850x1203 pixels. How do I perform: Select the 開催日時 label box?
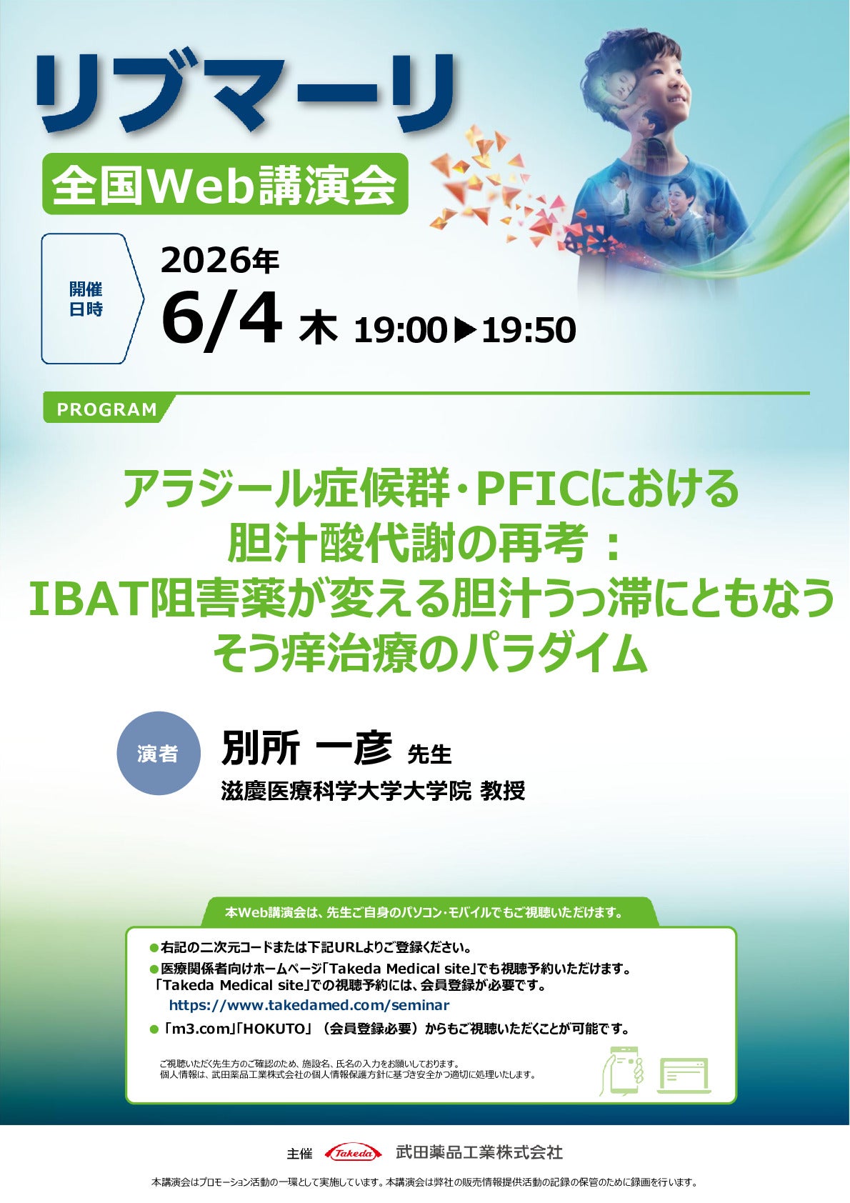[86, 299]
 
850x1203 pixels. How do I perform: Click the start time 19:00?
[400, 330]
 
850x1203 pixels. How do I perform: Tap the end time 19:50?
[529, 330]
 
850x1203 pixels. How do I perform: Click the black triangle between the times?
[464, 330]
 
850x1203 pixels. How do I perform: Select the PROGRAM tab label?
[107, 409]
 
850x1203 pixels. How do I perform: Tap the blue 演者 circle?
[158, 753]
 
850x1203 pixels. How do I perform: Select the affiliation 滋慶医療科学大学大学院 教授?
[373, 791]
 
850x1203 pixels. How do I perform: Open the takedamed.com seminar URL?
[309, 1005]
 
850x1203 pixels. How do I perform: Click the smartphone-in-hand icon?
[623, 1069]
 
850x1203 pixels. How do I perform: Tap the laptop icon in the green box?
[684, 1075]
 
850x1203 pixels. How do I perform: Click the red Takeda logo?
[353, 1152]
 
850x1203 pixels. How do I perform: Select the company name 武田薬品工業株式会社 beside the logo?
[479, 1152]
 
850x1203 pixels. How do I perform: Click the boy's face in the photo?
[661, 79]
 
